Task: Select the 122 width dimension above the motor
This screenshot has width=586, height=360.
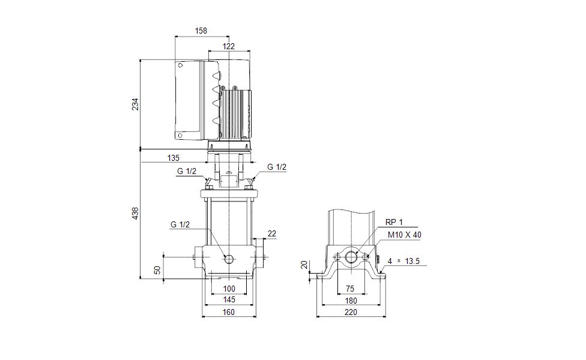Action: point(229,46)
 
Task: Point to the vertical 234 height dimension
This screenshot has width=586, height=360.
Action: point(135,104)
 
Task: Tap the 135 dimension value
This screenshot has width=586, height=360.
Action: point(173,158)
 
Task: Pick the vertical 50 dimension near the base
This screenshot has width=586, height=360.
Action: point(158,270)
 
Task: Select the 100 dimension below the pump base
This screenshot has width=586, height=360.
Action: point(229,289)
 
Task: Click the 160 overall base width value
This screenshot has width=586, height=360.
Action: point(229,312)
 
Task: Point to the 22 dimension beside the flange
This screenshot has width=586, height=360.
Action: point(271,233)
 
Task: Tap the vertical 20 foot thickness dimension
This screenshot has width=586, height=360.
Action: point(304,265)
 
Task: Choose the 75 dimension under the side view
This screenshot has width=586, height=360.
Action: point(350,289)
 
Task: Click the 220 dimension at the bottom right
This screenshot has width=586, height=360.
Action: point(351,312)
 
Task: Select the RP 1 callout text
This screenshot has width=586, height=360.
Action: point(394,222)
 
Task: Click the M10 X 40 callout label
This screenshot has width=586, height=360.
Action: point(404,235)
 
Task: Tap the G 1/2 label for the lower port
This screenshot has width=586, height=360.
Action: point(180,224)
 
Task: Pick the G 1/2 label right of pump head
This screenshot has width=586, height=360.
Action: point(277,167)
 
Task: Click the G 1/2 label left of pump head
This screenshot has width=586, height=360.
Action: point(187,171)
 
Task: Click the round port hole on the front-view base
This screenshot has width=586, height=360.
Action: point(229,258)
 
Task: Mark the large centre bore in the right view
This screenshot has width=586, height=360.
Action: point(351,257)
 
